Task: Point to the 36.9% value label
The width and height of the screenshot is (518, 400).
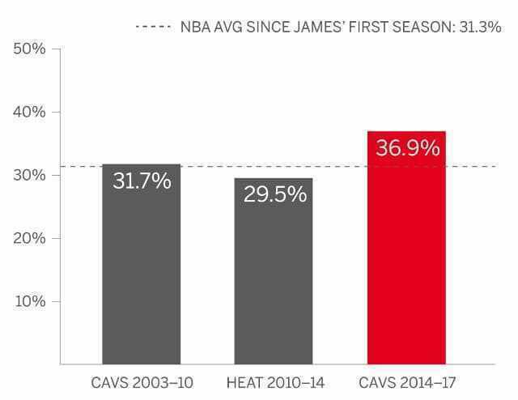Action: click(407, 148)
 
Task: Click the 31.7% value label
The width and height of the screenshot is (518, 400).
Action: click(142, 181)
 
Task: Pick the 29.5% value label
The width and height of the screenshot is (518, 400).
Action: click(274, 194)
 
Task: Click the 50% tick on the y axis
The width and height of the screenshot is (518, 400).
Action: click(29, 49)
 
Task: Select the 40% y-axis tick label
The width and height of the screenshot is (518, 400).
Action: click(29, 112)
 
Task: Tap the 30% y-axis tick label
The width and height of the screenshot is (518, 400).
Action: click(29, 175)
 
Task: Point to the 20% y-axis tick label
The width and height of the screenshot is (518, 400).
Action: click(29, 238)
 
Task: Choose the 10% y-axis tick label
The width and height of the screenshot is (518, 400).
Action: click(29, 301)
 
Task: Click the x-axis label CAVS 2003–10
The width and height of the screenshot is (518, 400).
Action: click(142, 381)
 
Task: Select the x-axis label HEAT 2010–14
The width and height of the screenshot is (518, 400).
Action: click(274, 381)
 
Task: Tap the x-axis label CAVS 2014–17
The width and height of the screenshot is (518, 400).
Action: click(406, 381)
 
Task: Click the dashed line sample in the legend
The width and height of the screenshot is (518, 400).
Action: click(153, 27)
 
